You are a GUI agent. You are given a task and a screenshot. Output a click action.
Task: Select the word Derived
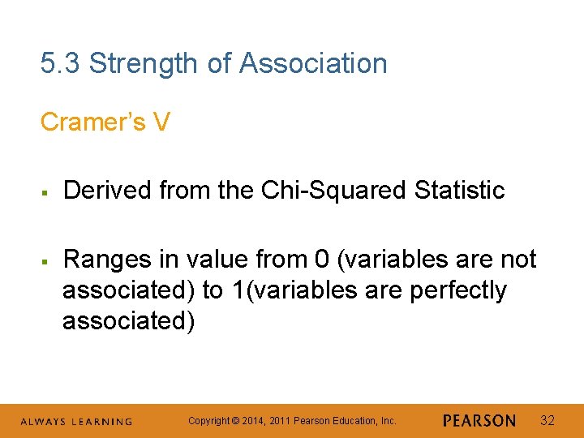tap(108, 191)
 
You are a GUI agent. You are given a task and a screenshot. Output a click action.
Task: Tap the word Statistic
tap(459, 191)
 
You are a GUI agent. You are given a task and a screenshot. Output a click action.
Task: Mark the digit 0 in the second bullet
tap(322, 260)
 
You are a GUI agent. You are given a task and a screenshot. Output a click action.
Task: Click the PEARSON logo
tap(479, 421)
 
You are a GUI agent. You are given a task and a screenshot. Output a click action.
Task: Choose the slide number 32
tap(547, 420)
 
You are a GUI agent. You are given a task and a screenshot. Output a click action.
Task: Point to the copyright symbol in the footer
tap(236, 421)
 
